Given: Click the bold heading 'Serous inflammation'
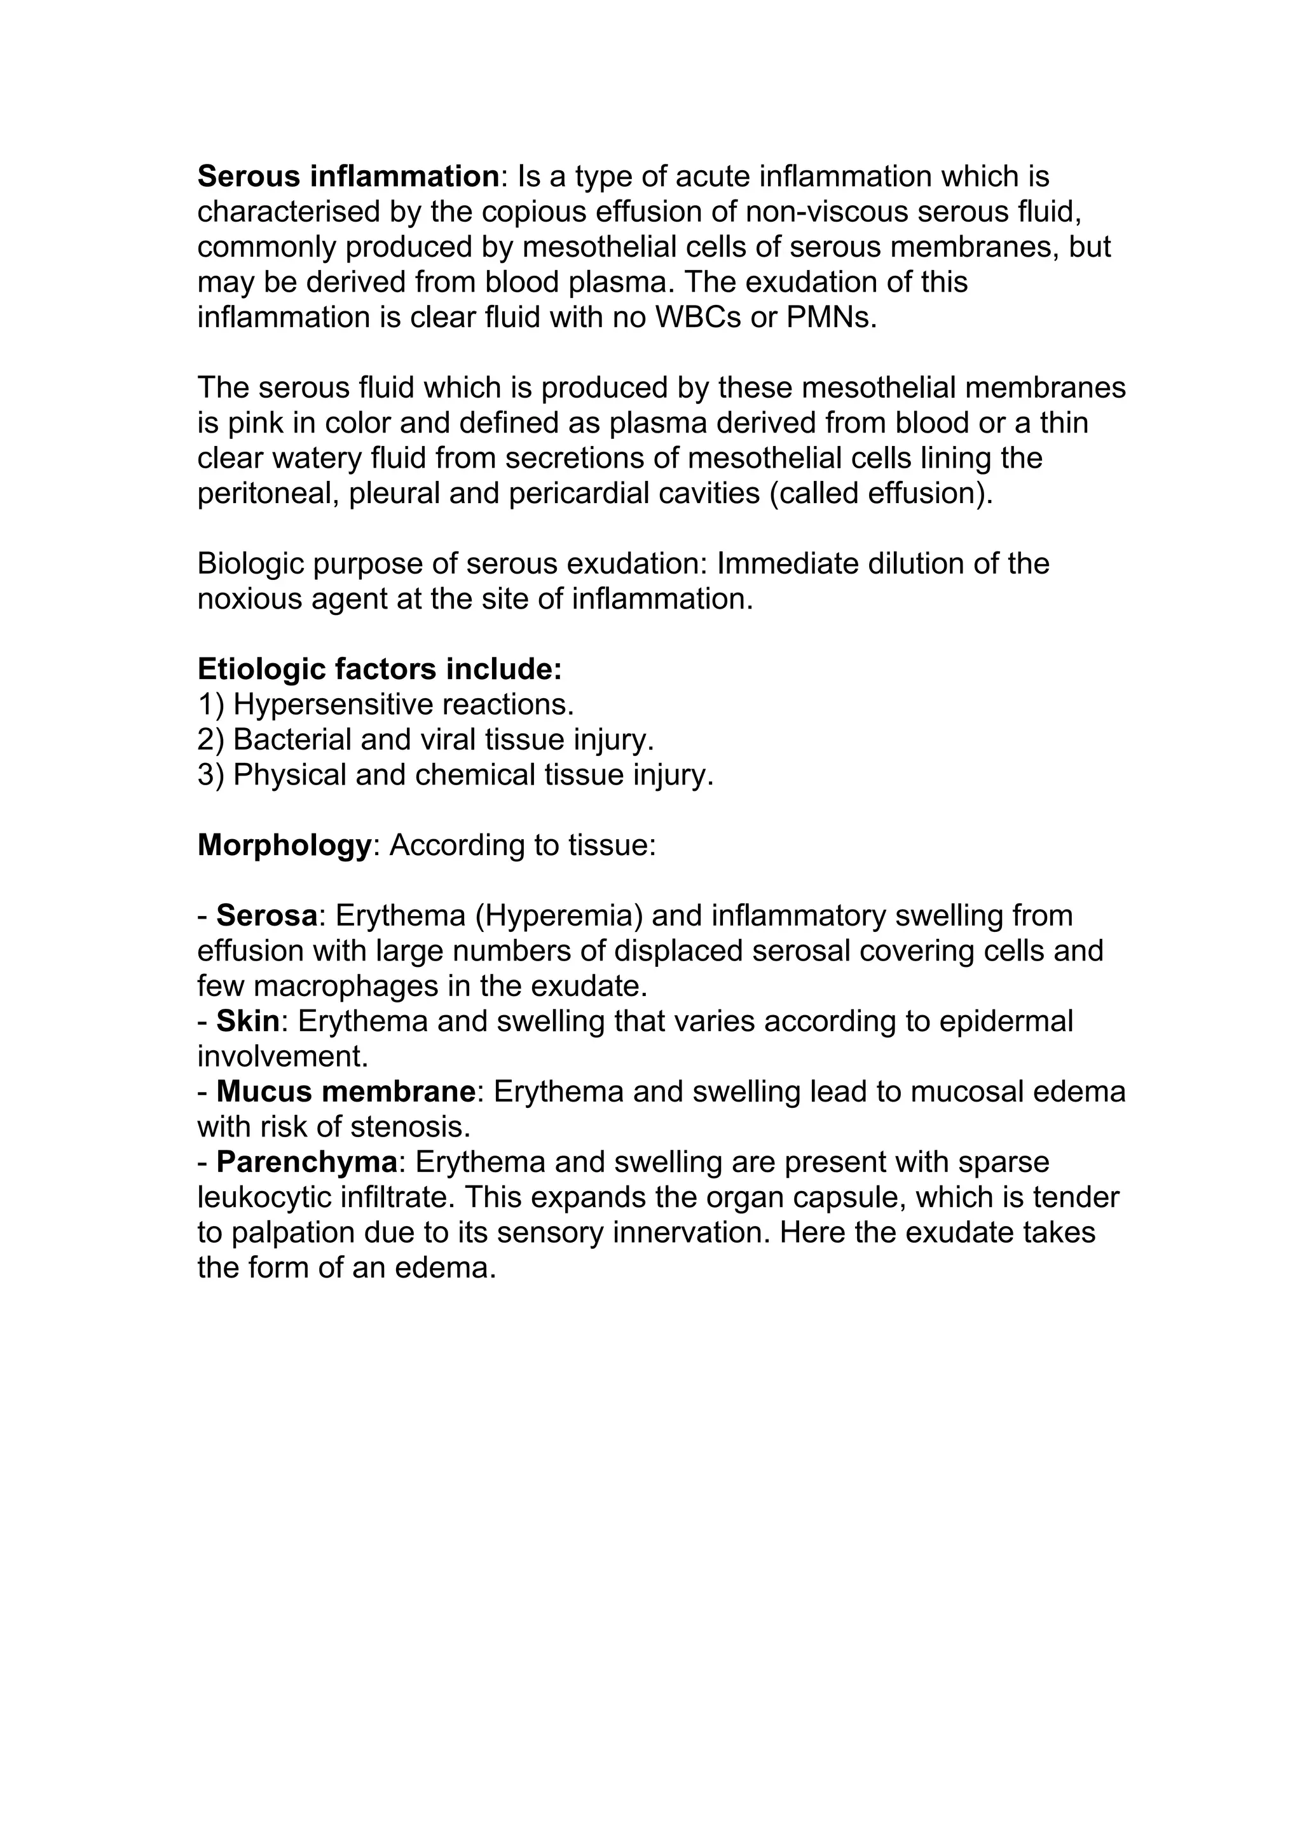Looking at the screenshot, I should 348,177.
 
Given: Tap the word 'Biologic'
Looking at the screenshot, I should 249,563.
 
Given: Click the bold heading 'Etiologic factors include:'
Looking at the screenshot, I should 380,669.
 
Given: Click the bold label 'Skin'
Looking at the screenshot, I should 248,1022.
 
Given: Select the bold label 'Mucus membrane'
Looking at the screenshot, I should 346,1092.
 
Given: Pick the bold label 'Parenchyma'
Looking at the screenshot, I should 306,1163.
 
